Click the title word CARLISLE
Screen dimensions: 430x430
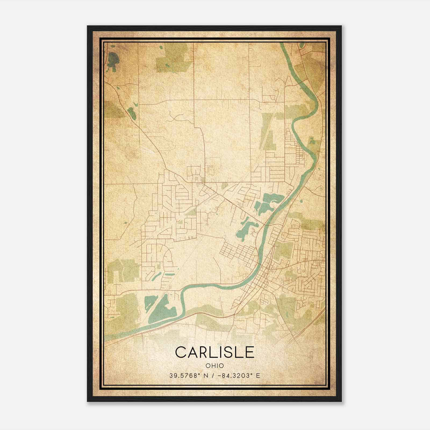pos(214,352)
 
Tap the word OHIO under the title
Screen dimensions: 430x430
pos(214,366)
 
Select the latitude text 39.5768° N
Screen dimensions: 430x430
pos(188,375)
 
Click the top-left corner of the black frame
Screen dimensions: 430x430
pos(88,26)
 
